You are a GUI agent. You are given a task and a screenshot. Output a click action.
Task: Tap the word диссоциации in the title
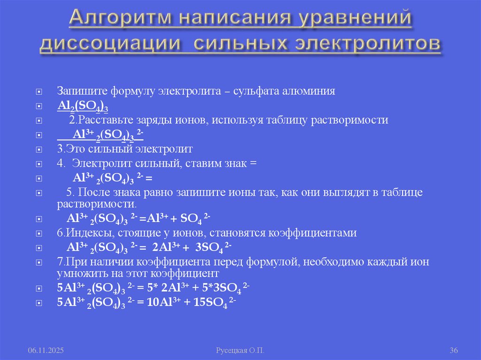coord(110,43)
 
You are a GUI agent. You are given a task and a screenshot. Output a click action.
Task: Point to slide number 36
coord(454,351)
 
